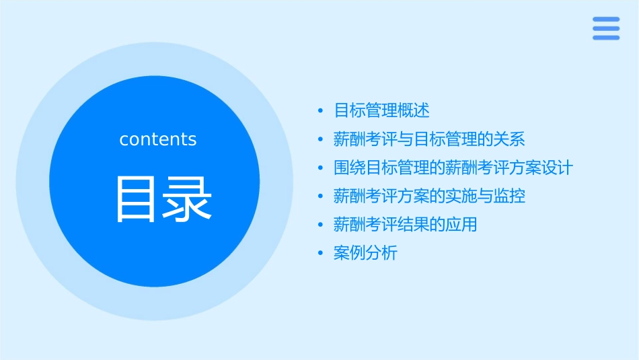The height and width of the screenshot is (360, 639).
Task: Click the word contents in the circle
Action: pyautogui.click(x=158, y=139)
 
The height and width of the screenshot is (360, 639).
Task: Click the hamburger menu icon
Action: pyautogui.click(x=606, y=28)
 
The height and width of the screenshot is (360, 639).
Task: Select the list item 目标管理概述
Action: pyautogui.click(x=381, y=110)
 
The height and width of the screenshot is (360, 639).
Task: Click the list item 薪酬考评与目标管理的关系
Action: pyautogui.click(x=429, y=139)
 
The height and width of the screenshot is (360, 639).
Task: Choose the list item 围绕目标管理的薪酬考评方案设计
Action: pyautogui.click(x=453, y=168)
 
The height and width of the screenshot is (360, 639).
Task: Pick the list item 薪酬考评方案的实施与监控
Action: pyautogui.click(x=429, y=196)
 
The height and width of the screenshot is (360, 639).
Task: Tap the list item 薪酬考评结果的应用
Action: pyautogui.click(x=405, y=225)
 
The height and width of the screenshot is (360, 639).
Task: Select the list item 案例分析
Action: pyautogui.click(x=365, y=253)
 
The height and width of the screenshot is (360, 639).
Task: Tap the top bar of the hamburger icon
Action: pyautogui.click(x=606, y=19)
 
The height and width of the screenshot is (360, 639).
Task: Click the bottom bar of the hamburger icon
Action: pyautogui.click(x=606, y=38)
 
